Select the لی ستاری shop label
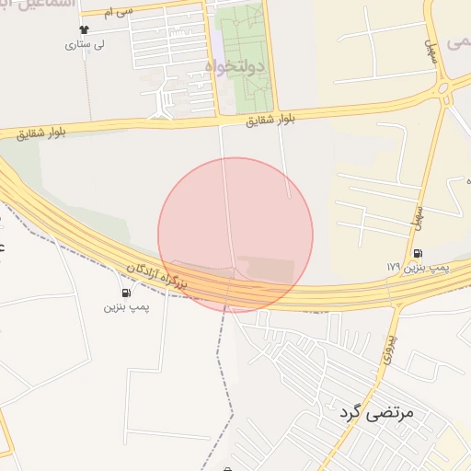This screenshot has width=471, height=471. [x=91, y=43]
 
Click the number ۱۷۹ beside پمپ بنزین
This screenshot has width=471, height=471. [x=393, y=266]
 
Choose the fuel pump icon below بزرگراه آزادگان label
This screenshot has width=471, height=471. [x=125, y=293]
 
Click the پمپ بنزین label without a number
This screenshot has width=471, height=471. [x=126, y=305]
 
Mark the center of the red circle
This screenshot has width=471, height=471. [x=235, y=235]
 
